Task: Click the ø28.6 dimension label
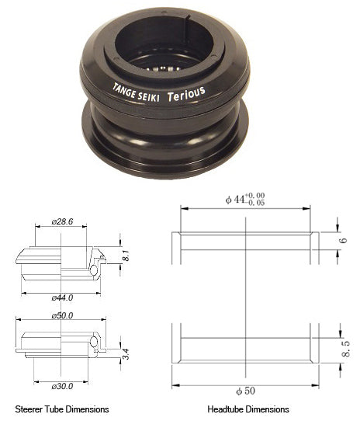61,221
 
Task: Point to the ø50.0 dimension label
61,316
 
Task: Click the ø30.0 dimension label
61,386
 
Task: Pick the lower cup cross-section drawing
61,346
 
